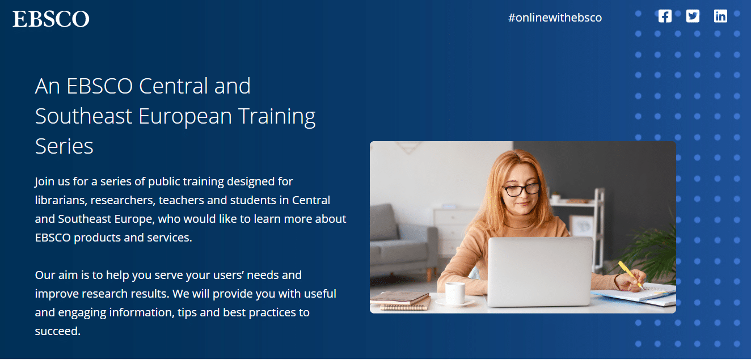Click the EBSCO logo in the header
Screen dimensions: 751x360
click(x=51, y=19)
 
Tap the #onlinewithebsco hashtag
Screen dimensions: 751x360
click(x=555, y=18)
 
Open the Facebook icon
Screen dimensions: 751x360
click(x=665, y=16)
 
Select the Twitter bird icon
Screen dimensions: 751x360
click(x=693, y=16)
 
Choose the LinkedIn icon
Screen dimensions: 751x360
click(x=720, y=16)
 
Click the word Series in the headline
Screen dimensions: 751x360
click(x=64, y=146)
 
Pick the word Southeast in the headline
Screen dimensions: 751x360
click(x=83, y=116)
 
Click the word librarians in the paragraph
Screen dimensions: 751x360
click(x=61, y=200)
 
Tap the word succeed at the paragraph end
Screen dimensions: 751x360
click(x=58, y=331)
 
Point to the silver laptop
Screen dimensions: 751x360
click(x=540, y=272)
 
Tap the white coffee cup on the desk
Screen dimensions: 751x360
click(x=455, y=293)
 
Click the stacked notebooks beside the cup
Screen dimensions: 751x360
click(x=401, y=300)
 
